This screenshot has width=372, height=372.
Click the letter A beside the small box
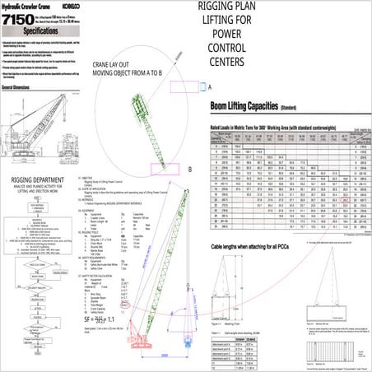pos(210,86)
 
